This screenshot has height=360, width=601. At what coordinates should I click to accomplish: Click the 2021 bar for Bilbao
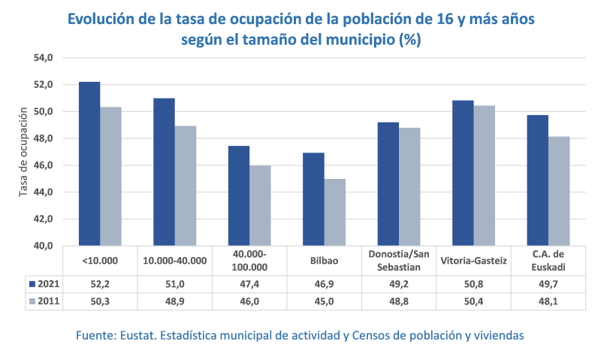(313, 199)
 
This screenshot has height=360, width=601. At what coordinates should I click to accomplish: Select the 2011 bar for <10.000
(110, 177)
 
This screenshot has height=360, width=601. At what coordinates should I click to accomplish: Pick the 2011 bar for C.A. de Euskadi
(558, 191)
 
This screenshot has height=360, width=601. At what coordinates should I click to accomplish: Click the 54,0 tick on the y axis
(42, 58)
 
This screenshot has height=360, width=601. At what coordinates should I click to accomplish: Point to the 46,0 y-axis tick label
(42, 165)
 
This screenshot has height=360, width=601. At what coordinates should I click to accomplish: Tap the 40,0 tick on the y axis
(42, 246)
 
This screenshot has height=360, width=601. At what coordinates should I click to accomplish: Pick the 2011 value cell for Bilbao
(324, 301)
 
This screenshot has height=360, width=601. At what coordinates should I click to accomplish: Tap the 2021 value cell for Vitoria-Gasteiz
(473, 284)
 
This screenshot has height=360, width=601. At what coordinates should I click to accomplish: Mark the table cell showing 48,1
(548, 301)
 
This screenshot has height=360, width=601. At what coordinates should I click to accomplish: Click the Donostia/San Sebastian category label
(399, 261)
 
